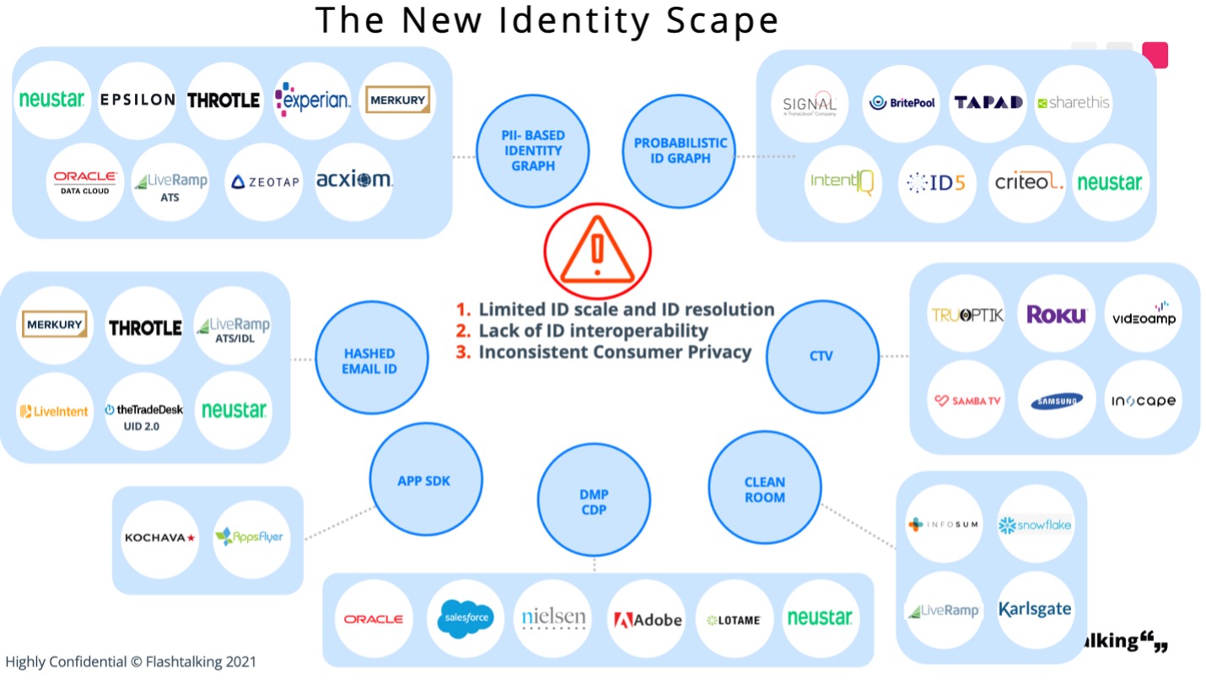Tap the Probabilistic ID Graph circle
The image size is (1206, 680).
680,151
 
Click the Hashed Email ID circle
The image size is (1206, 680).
369,361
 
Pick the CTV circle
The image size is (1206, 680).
821,355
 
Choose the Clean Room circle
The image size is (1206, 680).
764,489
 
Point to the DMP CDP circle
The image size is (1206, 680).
594,501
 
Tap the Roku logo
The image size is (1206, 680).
1056,315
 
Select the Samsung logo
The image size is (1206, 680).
1056,401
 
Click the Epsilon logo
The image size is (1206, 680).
137,100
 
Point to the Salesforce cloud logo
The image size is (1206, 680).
465,619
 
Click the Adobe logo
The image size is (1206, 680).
647,620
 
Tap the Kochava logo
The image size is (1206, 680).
159,537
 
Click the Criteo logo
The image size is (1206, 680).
1028,181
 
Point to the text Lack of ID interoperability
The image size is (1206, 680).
593,331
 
